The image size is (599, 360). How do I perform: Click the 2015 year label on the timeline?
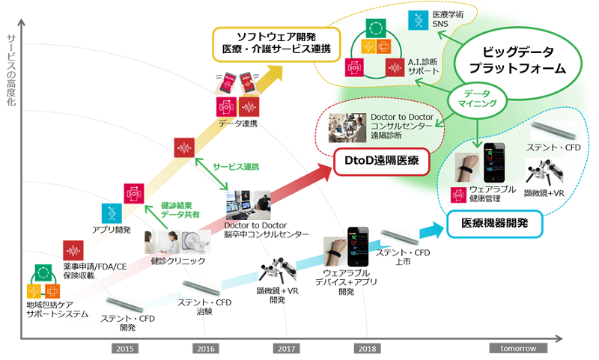click(125, 349)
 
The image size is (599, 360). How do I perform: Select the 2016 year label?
click(205, 349)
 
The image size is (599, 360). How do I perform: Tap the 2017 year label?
click(286, 349)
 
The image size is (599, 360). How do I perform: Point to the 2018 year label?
click(367, 349)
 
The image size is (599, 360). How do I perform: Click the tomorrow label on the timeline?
click(518, 348)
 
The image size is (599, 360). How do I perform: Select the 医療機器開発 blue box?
click(494, 224)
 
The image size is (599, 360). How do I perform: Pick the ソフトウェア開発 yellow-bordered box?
click(276, 44)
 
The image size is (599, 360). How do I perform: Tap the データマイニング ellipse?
click(477, 99)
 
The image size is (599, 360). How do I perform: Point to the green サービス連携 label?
click(236, 167)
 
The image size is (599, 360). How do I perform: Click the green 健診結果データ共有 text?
click(180, 210)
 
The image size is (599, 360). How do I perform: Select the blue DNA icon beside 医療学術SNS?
click(419, 20)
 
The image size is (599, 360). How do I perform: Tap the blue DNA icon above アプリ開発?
click(112, 213)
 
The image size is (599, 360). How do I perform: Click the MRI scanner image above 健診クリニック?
click(196, 242)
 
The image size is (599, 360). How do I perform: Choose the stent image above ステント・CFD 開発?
click(125, 305)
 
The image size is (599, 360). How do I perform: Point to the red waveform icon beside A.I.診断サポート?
click(395, 67)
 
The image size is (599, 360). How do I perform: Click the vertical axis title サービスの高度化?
click(11, 70)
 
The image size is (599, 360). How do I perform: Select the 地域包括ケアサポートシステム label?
click(58, 310)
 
